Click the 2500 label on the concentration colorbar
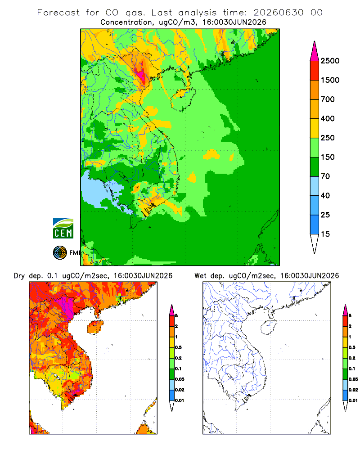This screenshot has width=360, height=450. click(330, 61)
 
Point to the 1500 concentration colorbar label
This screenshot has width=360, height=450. click(330, 80)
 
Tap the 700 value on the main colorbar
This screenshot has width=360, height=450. click(328, 99)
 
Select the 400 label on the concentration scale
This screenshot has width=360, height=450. click(328, 118)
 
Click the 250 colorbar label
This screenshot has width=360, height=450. click(328, 138)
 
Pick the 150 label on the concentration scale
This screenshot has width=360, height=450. click(328, 157)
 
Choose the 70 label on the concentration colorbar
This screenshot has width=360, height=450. click(325, 176)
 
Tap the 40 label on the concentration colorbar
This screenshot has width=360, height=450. click(325, 195)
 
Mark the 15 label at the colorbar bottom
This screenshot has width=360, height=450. click(325, 234)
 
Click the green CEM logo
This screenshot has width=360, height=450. click(63, 229)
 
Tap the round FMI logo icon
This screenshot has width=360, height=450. click(60, 252)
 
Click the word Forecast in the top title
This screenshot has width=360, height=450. click(58, 13)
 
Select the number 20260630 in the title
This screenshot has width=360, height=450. click(278, 13)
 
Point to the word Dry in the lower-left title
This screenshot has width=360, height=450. click(19, 276)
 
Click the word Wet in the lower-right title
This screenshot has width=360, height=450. click(200, 276)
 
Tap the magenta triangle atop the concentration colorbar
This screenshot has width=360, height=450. click(315, 51)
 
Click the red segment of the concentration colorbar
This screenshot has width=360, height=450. click(315, 71)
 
